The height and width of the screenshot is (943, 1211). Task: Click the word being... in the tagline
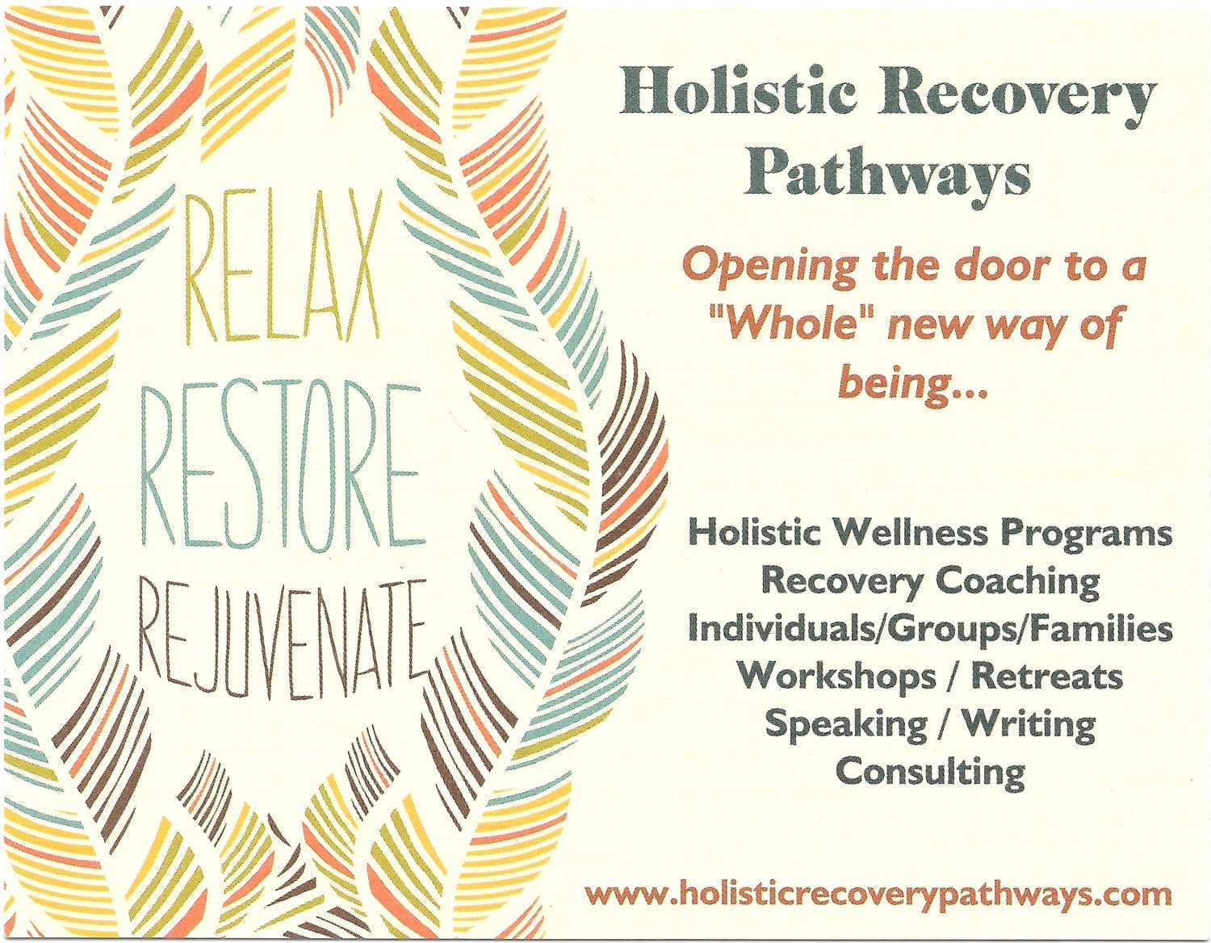912,384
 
